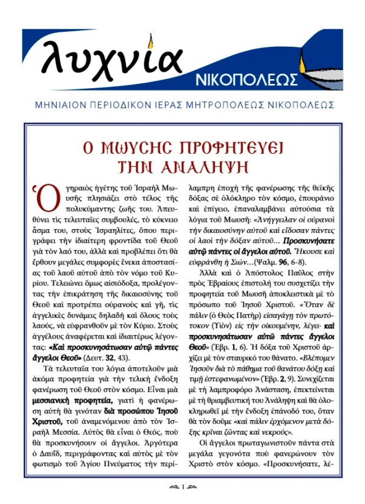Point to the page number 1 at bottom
point(182,486)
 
